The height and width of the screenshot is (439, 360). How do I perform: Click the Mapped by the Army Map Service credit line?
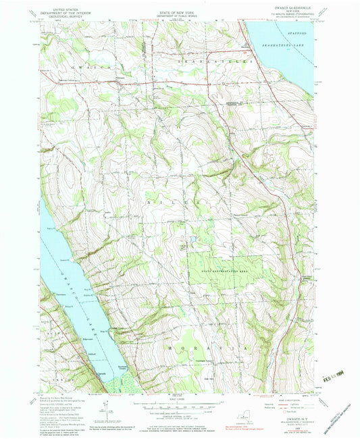pyautogui.click(x=59, y=399)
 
